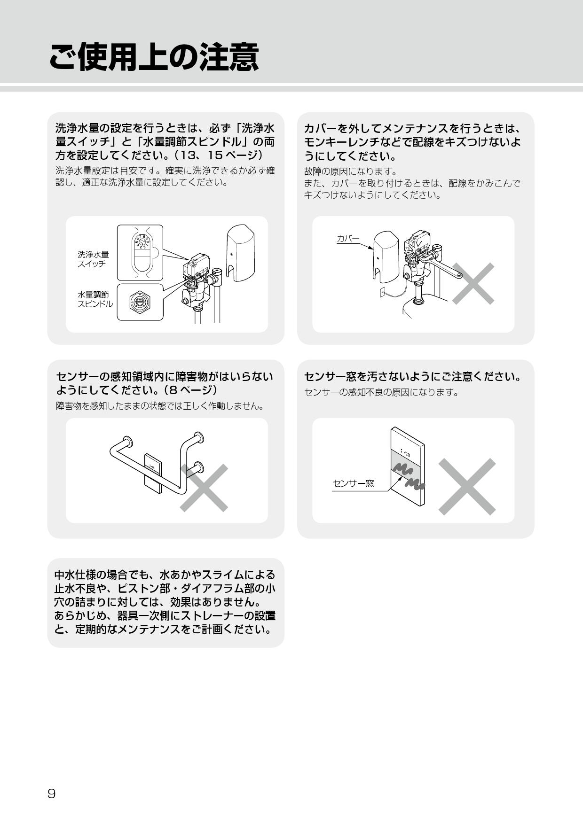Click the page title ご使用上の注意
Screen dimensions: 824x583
[x=154, y=57]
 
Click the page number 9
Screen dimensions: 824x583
[x=52, y=793]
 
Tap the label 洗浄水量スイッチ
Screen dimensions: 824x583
[x=93, y=259]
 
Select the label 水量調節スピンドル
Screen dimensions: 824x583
[x=95, y=299]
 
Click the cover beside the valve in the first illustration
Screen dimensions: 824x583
[x=240, y=253]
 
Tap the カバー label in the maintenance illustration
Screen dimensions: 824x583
[x=347, y=238]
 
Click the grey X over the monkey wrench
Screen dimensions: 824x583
[x=473, y=283]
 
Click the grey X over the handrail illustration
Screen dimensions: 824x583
[x=204, y=488]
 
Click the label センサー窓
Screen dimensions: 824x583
[x=353, y=483]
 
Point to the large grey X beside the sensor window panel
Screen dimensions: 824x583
[x=467, y=486]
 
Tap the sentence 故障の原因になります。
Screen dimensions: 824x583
[x=350, y=171]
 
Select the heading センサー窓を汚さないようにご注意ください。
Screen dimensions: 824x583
[x=412, y=376]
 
